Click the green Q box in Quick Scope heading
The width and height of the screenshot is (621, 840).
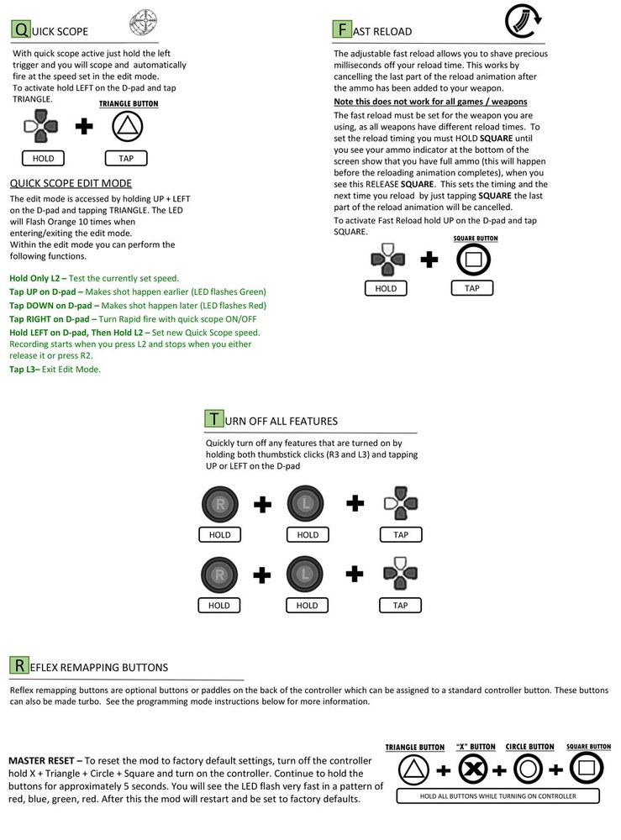[x=20, y=30]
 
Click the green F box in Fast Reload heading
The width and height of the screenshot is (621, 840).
[x=341, y=30]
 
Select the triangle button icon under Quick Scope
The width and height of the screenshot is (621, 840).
[x=128, y=127]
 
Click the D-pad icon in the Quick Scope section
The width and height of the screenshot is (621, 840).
[x=41, y=128]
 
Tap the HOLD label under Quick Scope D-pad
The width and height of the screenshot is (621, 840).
[x=43, y=158]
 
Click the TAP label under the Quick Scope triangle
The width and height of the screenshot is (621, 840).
[x=126, y=158]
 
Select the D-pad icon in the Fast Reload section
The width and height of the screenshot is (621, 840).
[x=387, y=259]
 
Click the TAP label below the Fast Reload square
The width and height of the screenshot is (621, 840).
[x=472, y=289]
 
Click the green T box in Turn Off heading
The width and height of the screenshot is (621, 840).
[x=213, y=419]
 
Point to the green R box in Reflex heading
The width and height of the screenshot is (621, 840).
[x=18, y=666]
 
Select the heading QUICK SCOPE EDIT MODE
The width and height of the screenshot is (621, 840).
[x=71, y=183]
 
